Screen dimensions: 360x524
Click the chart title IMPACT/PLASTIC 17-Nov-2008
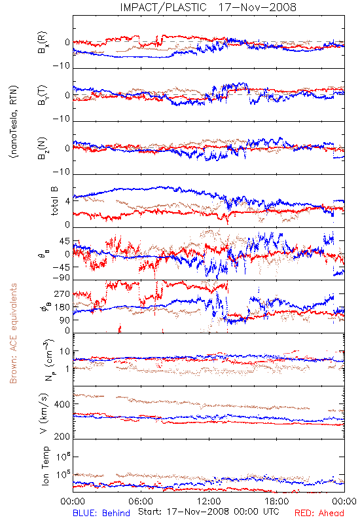click(x=208, y=7)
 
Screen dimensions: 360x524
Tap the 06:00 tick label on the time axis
click(x=141, y=501)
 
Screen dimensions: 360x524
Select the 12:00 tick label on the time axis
click(x=209, y=501)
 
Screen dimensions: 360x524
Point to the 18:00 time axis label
click(x=277, y=501)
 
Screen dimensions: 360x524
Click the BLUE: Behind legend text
click(x=101, y=513)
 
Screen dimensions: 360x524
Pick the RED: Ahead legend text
click(x=319, y=513)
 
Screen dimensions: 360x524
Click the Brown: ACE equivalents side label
click(x=13, y=333)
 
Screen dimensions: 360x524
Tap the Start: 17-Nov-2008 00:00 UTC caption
click(x=209, y=512)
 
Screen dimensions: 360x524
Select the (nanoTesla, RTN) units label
click(x=14, y=121)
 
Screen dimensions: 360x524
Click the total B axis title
click(x=54, y=201)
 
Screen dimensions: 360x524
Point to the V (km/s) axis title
click(x=44, y=413)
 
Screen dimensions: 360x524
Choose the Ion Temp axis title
click(x=45, y=466)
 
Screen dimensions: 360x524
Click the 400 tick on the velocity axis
click(x=62, y=404)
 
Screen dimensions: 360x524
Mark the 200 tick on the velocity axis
click(x=62, y=436)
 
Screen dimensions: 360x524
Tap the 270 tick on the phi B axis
click(x=62, y=294)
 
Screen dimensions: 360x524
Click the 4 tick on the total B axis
click(x=68, y=201)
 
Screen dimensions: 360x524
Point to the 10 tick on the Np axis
click(x=65, y=351)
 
